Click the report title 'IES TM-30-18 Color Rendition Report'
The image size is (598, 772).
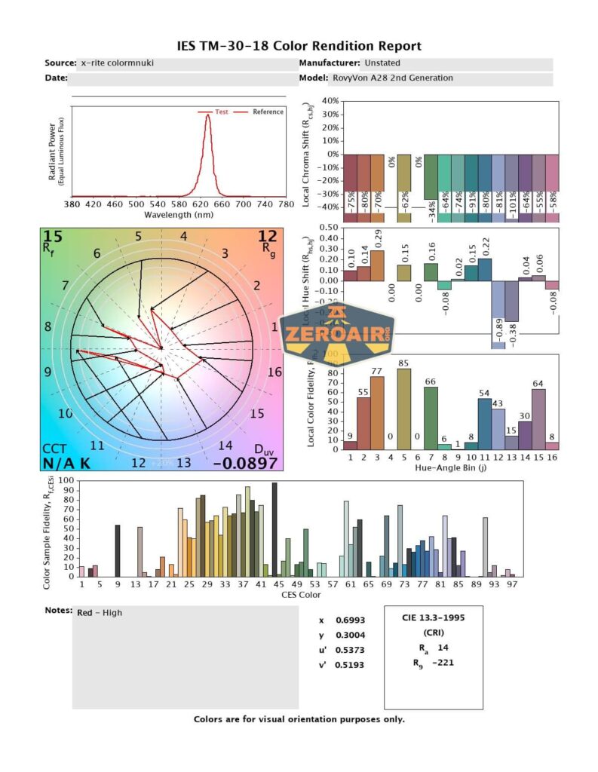pyautogui.click(x=299, y=46)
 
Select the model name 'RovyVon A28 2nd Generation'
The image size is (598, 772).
pyautogui.click(x=392, y=78)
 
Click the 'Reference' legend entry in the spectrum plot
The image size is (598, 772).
pyautogui.click(x=268, y=112)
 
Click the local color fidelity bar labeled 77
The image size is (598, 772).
pyautogui.click(x=377, y=412)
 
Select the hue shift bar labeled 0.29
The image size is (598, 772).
pyautogui.click(x=377, y=265)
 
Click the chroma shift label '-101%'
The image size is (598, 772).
pyautogui.click(x=512, y=202)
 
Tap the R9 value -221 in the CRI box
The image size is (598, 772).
pyautogui.click(x=443, y=663)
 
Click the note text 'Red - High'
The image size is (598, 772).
pyautogui.click(x=100, y=613)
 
